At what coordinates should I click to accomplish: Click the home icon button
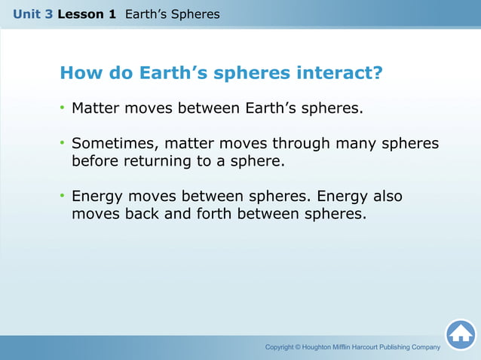pos(461,334)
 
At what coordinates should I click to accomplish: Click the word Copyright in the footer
pos(279,347)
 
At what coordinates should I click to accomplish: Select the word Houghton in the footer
pos(326,347)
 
